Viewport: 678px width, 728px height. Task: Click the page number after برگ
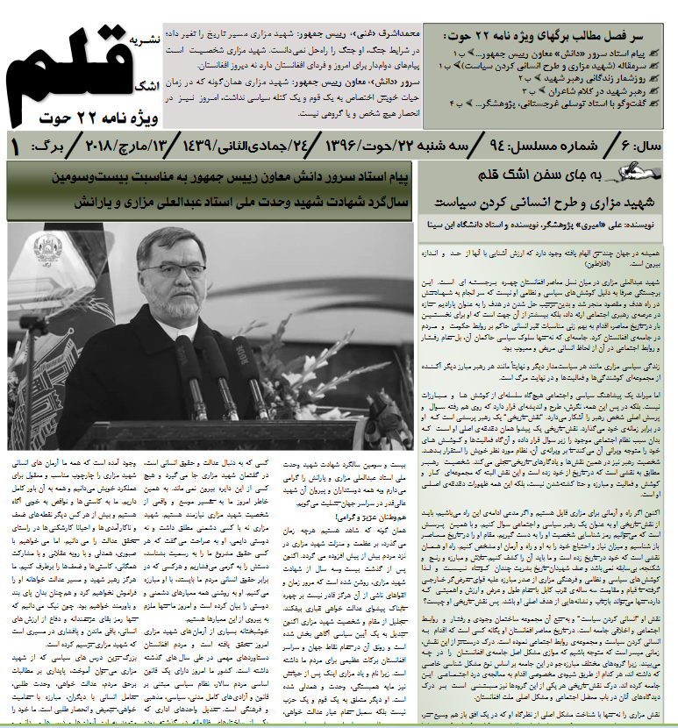click(15, 144)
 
